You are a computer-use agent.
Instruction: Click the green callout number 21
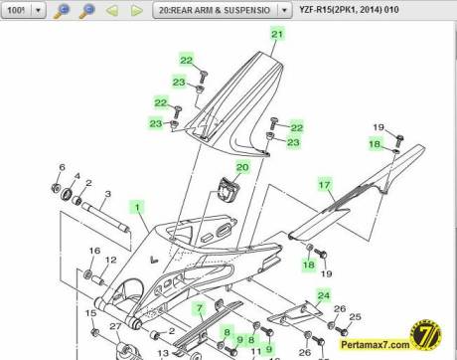(277, 35)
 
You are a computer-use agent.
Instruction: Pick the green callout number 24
(322, 295)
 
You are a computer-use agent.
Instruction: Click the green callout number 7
(198, 309)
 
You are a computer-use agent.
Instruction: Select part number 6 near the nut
(61, 168)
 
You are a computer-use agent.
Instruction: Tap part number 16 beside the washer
(94, 251)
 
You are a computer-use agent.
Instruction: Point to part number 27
(114, 326)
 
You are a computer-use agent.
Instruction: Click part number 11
(254, 351)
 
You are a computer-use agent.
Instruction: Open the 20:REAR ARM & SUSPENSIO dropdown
(220, 11)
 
